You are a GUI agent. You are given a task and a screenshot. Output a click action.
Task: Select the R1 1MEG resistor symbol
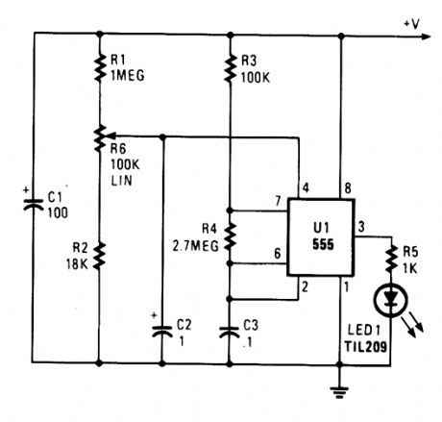pyautogui.click(x=101, y=64)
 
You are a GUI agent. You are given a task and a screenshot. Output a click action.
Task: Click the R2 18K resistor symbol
pyautogui.click(x=101, y=255)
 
